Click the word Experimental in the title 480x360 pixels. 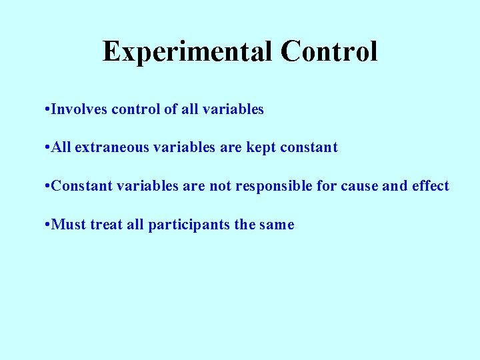pyautogui.click(x=188, y=52)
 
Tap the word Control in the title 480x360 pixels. pyautogui.click(x=329, y=52)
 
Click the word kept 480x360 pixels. pyautogui.click(x=260, y=148)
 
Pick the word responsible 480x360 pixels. pyautogui.click(x=273, y=186)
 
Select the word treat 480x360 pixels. pyautogui.click(x=106, y=225)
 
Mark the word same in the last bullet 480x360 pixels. pyautogui.click(x=274, y=225)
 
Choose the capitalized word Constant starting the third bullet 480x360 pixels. pyautogui.click(x=81, y=186)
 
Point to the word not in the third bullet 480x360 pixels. pyautogui.click(x=220, y=186)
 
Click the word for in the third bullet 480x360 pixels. pyautogui.click(x=327, y=186)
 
